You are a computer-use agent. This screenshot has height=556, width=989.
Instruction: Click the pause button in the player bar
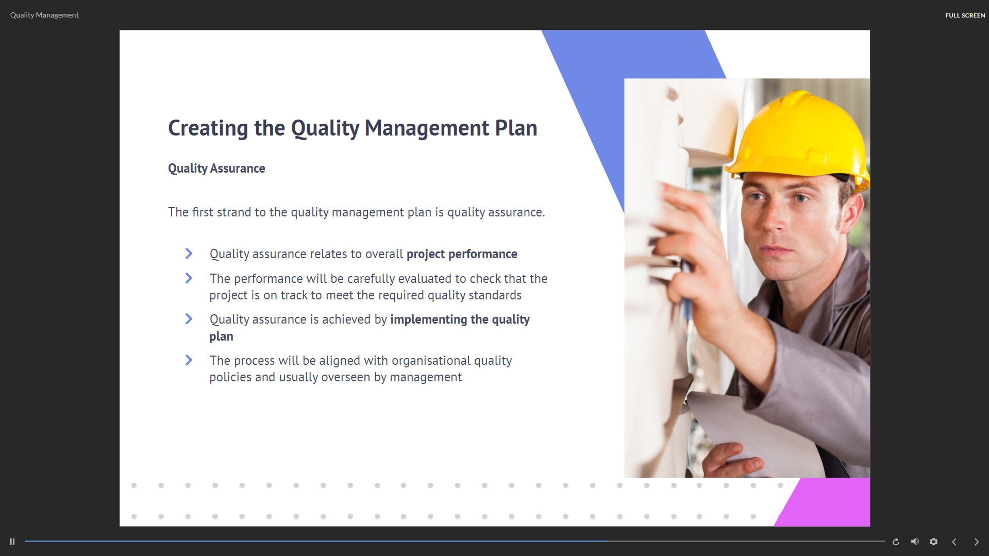click(x=12, y=542)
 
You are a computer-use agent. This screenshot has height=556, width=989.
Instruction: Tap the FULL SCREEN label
click(x=965, y=15)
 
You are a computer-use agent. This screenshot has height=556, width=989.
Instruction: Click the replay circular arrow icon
click(x=896, y=542)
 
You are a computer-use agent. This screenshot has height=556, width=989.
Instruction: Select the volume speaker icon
click(x=915, y=542)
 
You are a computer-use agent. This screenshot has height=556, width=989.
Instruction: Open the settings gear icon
click(x=933, y=542)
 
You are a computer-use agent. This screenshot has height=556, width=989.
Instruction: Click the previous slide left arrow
click(x=954, y=542)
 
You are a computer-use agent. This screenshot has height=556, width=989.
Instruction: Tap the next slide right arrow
click(x=976, y=542)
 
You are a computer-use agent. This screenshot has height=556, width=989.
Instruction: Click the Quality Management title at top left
click(x=44, y=15)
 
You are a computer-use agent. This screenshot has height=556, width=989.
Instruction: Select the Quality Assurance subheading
click(x=216, y=169)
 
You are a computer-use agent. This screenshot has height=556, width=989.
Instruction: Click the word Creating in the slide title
click(x=208, y=128)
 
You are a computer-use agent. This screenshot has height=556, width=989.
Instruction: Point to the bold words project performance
click(x=462, y=254)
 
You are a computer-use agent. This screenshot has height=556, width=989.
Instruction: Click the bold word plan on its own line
click(x=221, y=336)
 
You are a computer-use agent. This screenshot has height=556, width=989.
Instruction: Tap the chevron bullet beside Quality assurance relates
click(x=189, y=254)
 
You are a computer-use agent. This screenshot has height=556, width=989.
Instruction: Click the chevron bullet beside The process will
click(x=189, y=360)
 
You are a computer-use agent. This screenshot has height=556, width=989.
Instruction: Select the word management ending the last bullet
click(x=426, y=377)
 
